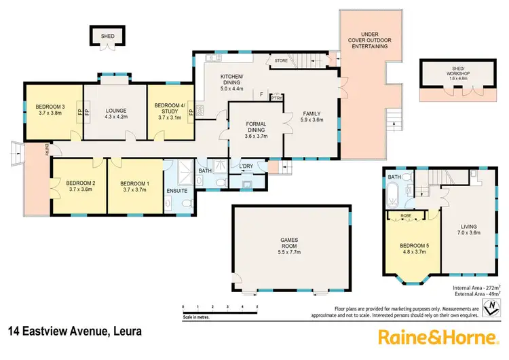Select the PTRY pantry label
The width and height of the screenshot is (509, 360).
[x=276, y=97]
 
